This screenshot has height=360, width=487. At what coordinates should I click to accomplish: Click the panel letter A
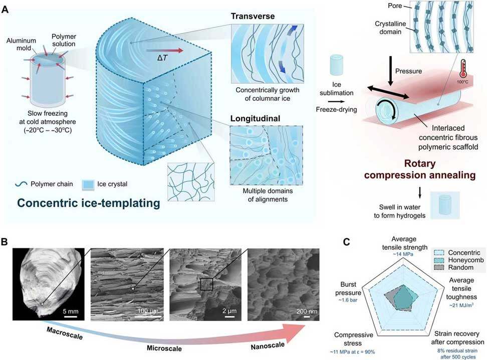pos(5,10)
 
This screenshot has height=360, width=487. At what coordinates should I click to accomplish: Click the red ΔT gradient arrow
pos(165,51)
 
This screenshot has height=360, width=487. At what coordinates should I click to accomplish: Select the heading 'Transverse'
pos(253,16)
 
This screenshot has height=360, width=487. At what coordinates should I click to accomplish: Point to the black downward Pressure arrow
pos(390,71)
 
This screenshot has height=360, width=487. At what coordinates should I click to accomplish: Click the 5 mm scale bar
pos(71,317)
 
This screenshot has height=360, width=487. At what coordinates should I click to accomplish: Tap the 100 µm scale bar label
pos(148,311)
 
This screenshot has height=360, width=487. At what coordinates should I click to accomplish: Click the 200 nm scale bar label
pos(307,311)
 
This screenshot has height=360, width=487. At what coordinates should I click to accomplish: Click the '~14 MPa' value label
pos(404,254)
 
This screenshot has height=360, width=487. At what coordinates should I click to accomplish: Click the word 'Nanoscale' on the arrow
pos(268,345)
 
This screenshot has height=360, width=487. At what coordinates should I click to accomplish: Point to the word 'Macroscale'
pos(65,333)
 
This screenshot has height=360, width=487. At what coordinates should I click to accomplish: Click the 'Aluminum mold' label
pos(21,44)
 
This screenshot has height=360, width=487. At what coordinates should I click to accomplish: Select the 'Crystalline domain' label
pos(390,28)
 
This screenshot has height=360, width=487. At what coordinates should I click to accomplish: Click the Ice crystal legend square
pos(88,185)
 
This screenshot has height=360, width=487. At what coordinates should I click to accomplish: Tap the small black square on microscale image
pos(206,284)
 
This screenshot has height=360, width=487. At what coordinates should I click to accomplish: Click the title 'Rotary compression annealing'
pos(419,169)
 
